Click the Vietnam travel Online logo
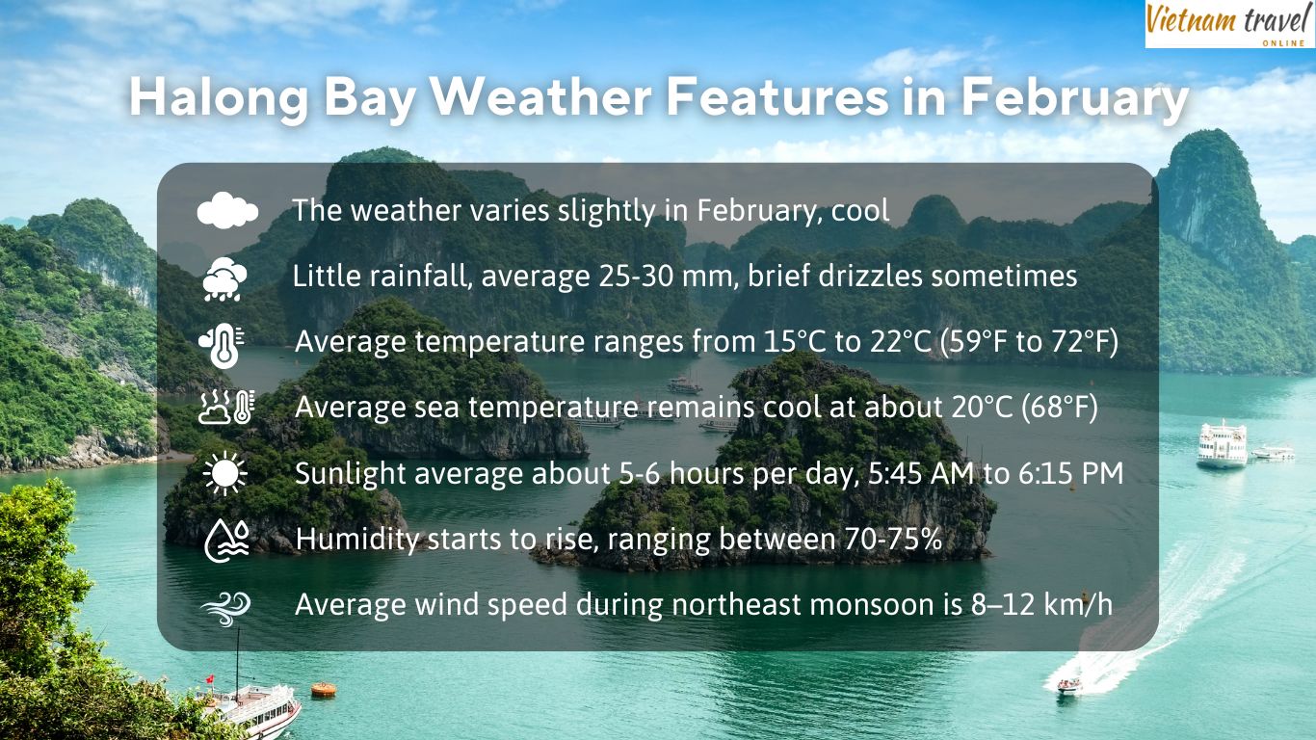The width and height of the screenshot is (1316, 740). [x=1230, y=23]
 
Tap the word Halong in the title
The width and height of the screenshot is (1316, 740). [x=219, y=97]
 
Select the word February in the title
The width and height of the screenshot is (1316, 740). [x=1074, y=98]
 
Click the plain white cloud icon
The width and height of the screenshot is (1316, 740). [x=227, y=210]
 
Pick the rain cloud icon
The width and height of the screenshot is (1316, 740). [x=224, y=278]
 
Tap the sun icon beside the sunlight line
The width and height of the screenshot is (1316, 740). [x=224, y=473]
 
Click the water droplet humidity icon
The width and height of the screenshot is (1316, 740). [x=226, y=541]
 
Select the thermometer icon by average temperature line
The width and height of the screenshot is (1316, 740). [x=223, y=345]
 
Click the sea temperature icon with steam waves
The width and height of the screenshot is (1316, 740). [x=226, y=407]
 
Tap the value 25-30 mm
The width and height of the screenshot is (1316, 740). [x=668, y=276]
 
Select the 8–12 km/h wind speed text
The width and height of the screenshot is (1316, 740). [x=1041, y=604]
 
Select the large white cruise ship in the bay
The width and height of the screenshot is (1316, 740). [x=1222, y=444]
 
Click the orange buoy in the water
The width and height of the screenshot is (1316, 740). [x=323, y=690]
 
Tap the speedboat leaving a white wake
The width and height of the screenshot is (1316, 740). [x=1069, y=685]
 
